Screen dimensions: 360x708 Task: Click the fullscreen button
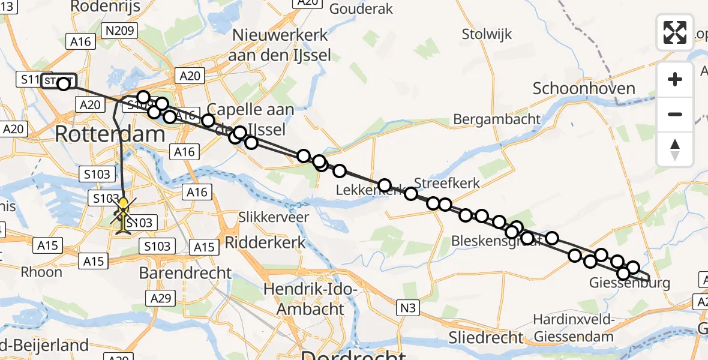pyautogui.click(x=675, y=32)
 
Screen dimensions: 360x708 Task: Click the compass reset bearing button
pyautogui.click(x=675, y=149)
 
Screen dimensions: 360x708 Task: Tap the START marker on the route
pyautogui.click(x=59, y=81)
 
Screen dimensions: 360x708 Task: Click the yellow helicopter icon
pyautogui.click(x=124, y=215)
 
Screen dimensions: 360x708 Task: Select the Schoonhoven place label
pyautogui.click(x=584, y=89)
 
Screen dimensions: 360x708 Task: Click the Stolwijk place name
pyautogui.click(x=487, y=34)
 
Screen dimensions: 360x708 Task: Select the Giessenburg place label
pyautogui.click(x=629, y=283)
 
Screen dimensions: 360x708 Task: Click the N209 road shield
pyautogui.click(x=120, y=31)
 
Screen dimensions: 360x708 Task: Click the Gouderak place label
pyautogui.click(x=361, y=8)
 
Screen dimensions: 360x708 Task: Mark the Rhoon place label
pyautogui.click(x=41, y=272)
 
